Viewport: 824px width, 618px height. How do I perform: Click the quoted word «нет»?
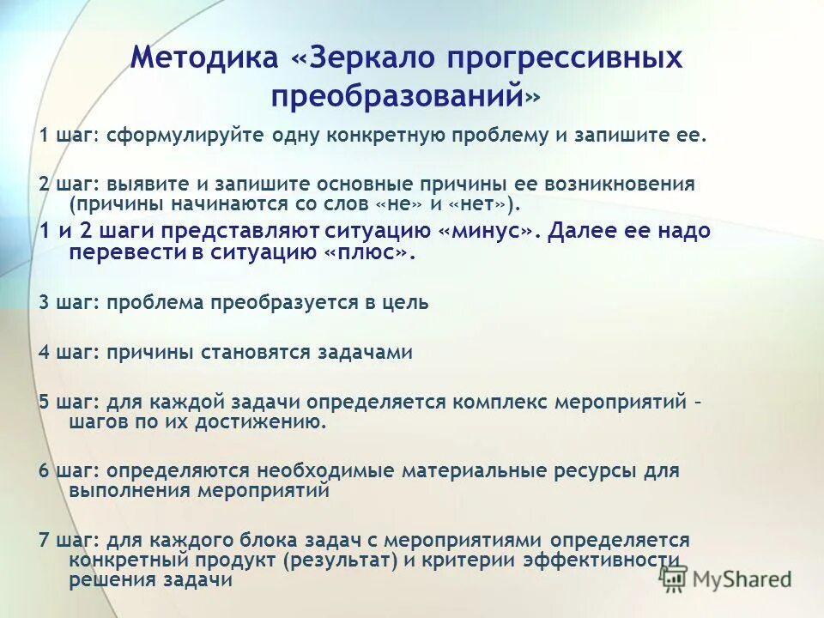click(482, 204)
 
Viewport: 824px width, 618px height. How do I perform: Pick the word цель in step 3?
click(404, 303)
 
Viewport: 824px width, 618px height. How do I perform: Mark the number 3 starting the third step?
click(44, 303)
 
